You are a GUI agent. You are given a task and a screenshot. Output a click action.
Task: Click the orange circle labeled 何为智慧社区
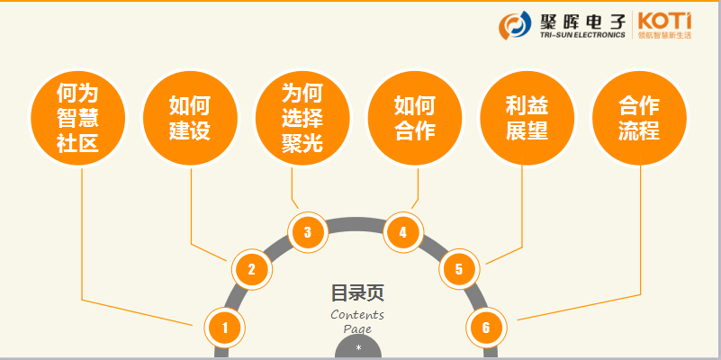77,119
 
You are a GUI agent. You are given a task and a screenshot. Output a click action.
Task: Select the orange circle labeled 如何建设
190,119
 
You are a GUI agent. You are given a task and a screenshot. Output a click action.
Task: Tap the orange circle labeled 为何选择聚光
302,119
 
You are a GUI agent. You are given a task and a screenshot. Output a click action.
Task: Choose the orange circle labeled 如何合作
415,119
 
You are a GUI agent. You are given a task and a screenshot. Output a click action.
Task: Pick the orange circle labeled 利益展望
527,119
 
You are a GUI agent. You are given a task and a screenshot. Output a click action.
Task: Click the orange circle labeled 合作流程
639,119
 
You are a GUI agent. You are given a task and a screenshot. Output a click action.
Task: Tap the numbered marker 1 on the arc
224,328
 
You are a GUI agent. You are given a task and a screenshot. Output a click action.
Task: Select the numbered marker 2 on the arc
252,268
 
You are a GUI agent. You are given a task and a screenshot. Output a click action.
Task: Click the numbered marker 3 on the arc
308,232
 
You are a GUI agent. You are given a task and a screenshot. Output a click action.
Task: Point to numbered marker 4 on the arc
403,232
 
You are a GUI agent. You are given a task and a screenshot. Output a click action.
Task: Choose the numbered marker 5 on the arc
459,268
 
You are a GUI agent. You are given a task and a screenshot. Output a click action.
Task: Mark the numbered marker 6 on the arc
486,328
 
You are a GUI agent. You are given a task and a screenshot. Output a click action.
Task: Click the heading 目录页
357,292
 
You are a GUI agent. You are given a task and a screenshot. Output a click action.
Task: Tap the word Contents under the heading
357,314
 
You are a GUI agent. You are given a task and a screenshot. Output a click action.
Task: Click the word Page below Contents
357,328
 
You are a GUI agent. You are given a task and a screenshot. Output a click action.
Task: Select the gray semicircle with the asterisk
358,348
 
